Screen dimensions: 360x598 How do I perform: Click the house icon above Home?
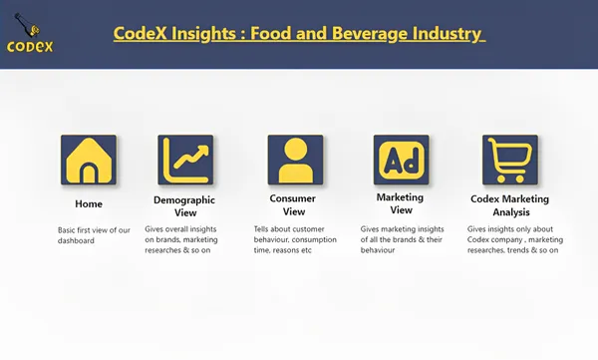[x=88, y=161]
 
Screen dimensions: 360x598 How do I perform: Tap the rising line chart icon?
[x=186, y=161]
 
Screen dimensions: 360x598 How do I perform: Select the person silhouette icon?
[x=295, y=161]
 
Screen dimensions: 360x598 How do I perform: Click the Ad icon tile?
[x=401, y=161]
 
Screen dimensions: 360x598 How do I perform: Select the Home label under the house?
[x=88, y=203]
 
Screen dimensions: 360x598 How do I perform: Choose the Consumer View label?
[x=294, y=205]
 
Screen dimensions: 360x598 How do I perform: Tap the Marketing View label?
[x=400, y=203]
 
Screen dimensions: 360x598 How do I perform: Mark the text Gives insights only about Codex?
[x=512, y=239]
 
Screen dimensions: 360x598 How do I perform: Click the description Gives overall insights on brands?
[x=184, y=239]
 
